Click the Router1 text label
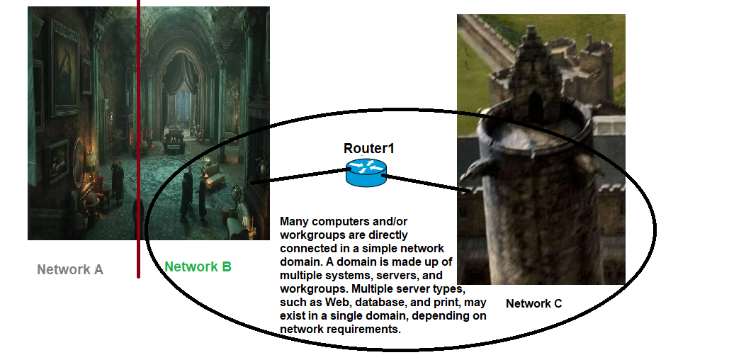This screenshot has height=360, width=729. coord(368,148)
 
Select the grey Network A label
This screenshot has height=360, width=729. coord(70,269)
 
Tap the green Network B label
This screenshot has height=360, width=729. coord(198,266)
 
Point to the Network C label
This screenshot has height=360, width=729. coord(533,303)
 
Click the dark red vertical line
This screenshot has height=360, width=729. coord(138,142)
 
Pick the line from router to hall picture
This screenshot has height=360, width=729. coord(298,176)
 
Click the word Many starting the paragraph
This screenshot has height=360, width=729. coord(295,221)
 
